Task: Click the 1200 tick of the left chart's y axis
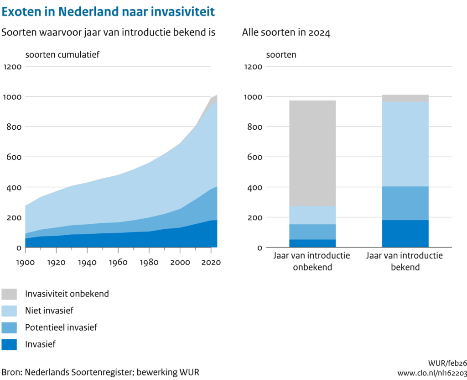[12, 66]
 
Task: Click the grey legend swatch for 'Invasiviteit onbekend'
[9, 294]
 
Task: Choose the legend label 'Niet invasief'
[49, 311]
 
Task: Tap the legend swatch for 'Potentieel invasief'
[9, 327]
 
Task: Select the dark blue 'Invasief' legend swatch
[9, 344]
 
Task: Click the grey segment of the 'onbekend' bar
[312, 153]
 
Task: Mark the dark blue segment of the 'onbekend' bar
[312, 243]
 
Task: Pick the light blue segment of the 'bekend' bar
[405, 144]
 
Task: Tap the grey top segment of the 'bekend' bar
[405, 98]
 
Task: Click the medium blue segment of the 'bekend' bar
[405, 203]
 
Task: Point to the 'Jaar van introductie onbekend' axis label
[312, 261]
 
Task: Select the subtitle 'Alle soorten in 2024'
[286, 33]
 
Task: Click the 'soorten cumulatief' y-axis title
[62, 54]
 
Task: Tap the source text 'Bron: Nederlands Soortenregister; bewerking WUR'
[101, 372]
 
